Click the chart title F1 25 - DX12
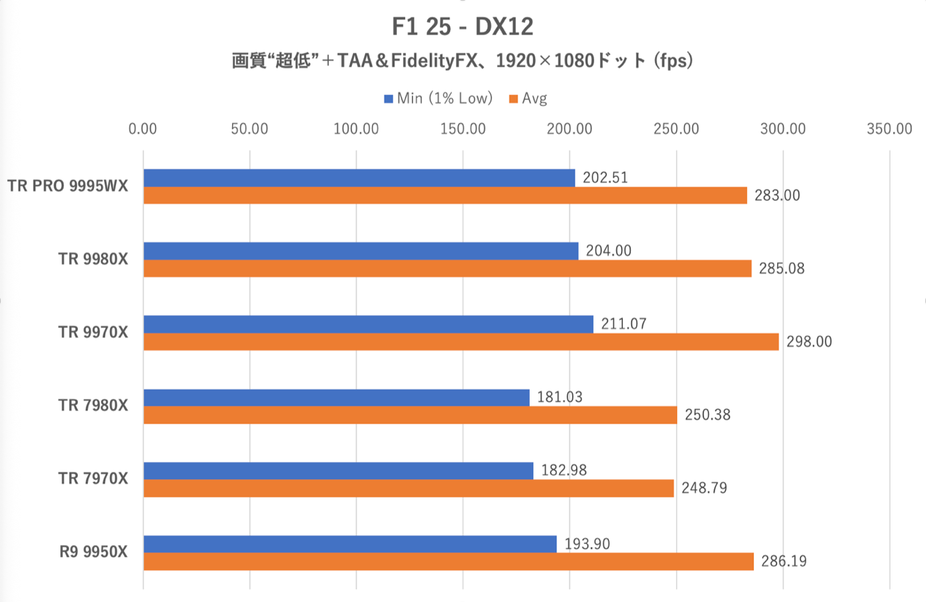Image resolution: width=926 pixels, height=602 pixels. (x=463, y=27)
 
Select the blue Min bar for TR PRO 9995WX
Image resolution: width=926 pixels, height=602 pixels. (x=359, y=178)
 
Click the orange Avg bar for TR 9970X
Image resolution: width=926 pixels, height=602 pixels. (x=461, y=342)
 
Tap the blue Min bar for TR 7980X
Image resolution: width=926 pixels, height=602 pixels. (x=336, y=398)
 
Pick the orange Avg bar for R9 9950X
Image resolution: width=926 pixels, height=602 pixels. (x=448, y=562)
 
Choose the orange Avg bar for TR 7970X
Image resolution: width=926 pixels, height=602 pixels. (x=408, y=488)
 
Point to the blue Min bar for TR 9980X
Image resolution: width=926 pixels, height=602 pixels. (x=361, y=251)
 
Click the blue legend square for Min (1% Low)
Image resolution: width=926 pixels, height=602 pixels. (x=388, y=99)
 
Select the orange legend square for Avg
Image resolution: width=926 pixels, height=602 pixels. (x=514, y=99)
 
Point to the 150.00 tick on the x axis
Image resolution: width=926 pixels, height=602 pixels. (x=463, y=129)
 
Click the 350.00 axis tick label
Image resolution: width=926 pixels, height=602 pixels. (x=889, y=129)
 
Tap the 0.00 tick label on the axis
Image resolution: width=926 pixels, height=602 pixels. (x=143, y=129)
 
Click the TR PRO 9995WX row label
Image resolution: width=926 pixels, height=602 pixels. (x=68, y=186)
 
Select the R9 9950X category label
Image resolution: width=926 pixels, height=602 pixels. (x=93, y=552)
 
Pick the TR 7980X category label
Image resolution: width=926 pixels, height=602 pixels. (x=93, y=405)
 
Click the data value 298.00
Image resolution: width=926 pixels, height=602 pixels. (x=809, y=342)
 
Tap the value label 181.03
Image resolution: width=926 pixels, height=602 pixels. (x=559, y=397)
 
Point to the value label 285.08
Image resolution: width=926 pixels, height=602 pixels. (x=781, y=269)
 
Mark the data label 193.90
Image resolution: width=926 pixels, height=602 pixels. (x=587, y=544)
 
